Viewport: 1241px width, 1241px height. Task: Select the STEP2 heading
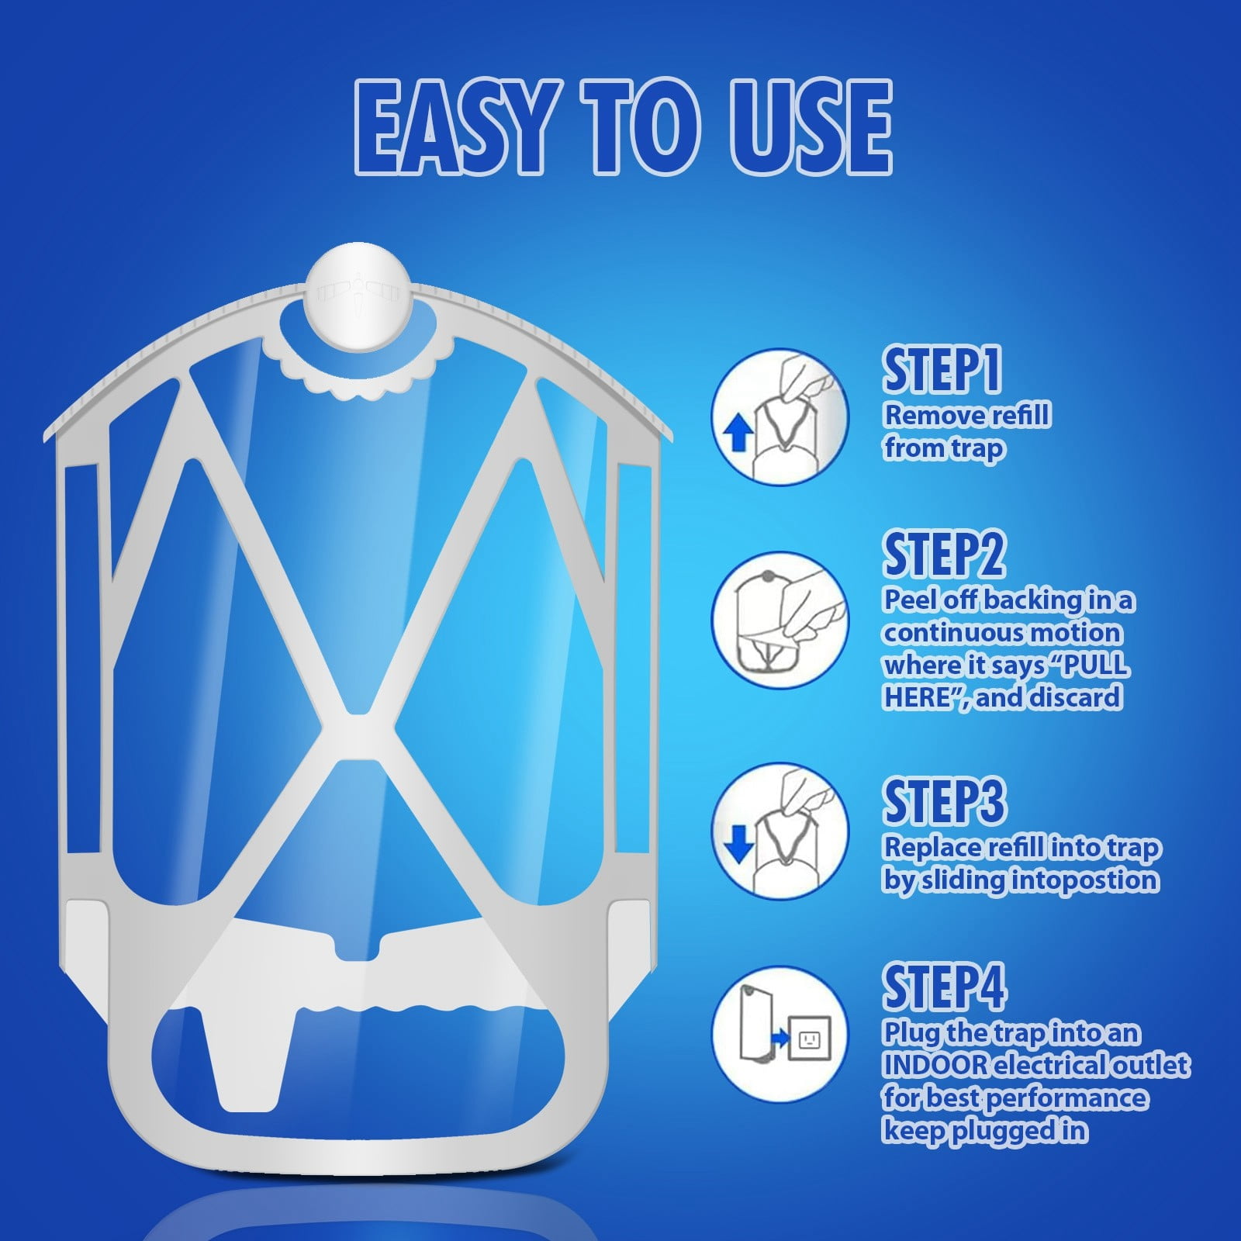tap(943, 554)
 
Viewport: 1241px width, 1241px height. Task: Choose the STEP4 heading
tap(944, 987)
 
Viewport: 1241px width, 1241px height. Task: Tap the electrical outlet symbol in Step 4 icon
tap(809, 1038)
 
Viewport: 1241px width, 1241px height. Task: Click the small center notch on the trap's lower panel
tap(359, 948)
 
